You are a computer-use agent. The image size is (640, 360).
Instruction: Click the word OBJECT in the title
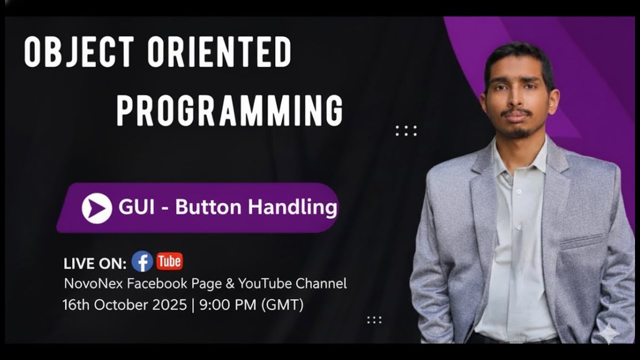[78, 52]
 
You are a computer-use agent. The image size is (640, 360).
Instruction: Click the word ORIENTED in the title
[219, 52]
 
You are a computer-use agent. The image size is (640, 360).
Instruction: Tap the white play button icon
[96, 208]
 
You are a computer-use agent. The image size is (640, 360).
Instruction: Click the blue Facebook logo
[142, 261]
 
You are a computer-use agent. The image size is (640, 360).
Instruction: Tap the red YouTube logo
[169, 261]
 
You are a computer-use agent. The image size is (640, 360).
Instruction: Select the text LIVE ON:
[95, 263]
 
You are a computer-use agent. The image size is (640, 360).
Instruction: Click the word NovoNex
[93, 284]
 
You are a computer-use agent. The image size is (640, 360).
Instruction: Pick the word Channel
[321, 283]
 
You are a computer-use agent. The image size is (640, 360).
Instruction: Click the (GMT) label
[282, 304]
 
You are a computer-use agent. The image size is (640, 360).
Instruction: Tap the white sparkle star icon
[608, 333]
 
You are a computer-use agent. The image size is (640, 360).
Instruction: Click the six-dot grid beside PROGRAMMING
[406, 131]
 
